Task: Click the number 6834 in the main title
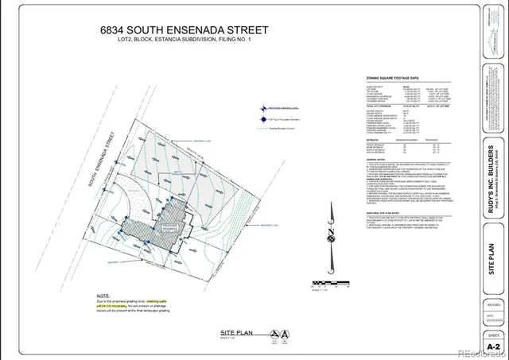pyautogui.click(x=116, y=30)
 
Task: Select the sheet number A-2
pyautogui.click(x=494, y=346)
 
